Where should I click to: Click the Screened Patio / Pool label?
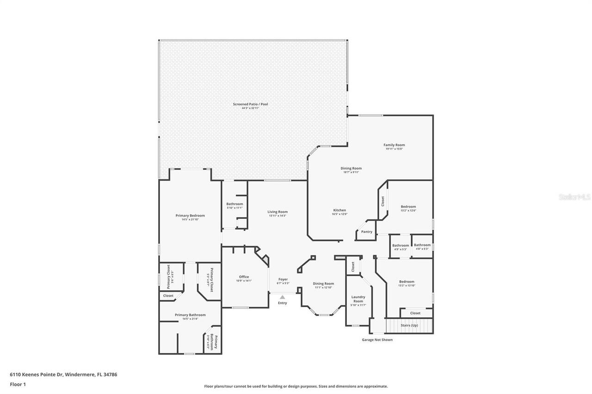coord(250,104)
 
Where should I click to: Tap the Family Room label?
coord(394,145)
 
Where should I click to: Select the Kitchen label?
coord(339,210)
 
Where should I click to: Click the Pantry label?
coord(367,232)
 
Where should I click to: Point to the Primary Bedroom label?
coord(190,216)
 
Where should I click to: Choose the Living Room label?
coord(277,212)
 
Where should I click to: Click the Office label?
coord(244,277)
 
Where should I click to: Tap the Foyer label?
coord(283,279)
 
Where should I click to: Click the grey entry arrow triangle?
coord(282,297)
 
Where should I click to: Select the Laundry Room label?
coord(358,299)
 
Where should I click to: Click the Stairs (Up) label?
coord(409,325)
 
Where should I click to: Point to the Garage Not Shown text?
coord(377,340)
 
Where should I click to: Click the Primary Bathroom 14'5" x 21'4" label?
coord(190,315)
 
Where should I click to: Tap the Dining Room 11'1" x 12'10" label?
coord(323,284)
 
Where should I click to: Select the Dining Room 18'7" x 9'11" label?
coord(351,169)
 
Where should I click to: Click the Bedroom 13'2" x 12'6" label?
coord(408,207)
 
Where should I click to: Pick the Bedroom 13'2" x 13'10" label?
coord(407,282)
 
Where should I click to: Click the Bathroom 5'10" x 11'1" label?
coord(234,204)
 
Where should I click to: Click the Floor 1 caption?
coord(18,384)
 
